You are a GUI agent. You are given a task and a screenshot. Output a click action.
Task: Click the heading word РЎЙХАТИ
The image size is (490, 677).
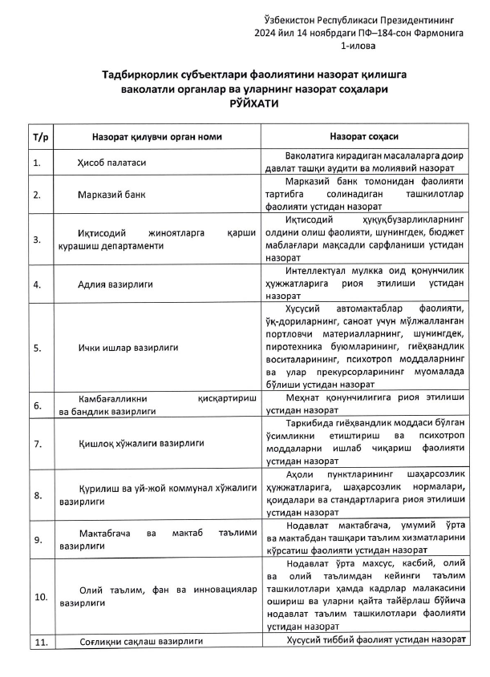(x=245, y=106)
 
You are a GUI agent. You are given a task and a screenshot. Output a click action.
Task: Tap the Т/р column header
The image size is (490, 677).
(x=39, y=137)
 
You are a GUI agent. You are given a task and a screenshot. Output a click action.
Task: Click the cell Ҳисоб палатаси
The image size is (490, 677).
(x=112, y=163)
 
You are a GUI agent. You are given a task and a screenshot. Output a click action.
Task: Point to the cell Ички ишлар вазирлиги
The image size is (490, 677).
(x=128, y=348)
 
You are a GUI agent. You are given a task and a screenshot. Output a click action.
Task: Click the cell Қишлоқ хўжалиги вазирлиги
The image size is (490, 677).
(x=141, y=442)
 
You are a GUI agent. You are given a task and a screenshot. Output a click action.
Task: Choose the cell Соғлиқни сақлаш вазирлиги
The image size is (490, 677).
(x=140, y=642)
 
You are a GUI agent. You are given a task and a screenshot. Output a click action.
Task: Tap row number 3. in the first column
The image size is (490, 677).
(x=36, y=239)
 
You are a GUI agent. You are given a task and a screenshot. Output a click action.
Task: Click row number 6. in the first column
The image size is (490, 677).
(x=36, y=405)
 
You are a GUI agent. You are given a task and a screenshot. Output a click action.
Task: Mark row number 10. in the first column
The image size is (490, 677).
(x=39, y=598)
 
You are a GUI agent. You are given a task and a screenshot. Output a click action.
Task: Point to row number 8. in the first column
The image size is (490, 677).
(x=36, y=495)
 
